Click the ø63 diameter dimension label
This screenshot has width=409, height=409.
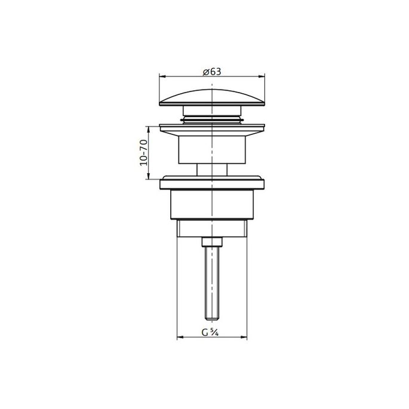click(212, 71)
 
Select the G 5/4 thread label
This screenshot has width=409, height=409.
click(212, 333)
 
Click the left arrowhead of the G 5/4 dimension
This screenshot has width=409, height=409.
click(179, 339)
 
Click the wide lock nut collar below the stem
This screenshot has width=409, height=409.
click(212, 182)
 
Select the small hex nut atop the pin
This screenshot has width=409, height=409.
click(212, 241)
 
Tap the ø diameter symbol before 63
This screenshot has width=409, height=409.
click(205, 71)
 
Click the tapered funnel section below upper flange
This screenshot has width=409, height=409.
click(212, 149)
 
